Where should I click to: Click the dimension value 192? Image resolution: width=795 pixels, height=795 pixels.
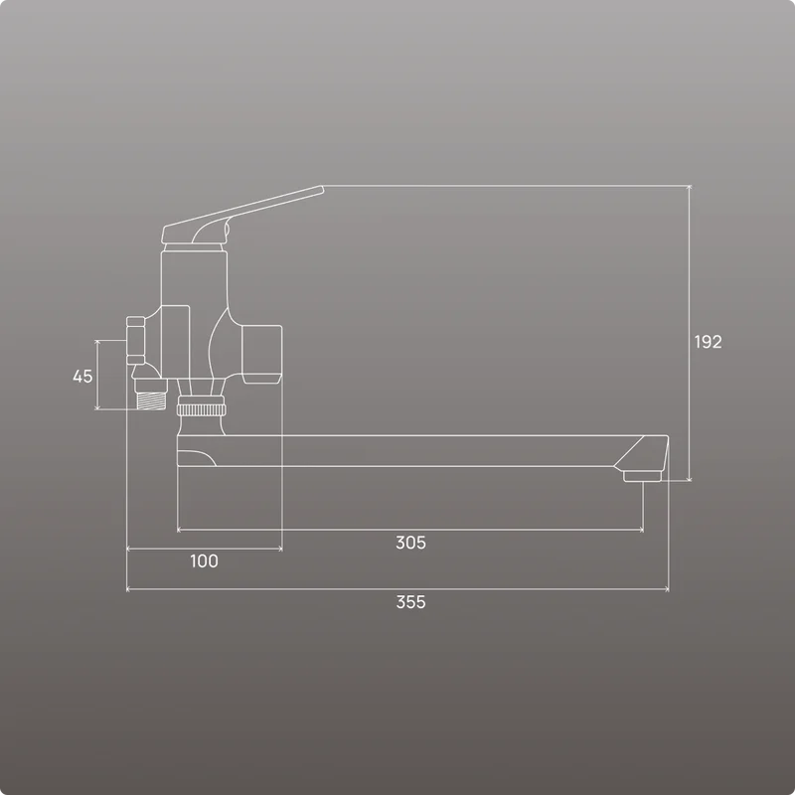[708, 342]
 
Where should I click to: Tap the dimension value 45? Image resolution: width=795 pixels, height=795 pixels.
[82, 377]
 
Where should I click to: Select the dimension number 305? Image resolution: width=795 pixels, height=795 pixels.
[410, 543]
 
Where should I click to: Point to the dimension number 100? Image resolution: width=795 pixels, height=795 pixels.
[204, 560]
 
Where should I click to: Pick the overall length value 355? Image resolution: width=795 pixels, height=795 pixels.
[410, 602]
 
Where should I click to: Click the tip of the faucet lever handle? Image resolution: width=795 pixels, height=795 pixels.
[321, 189]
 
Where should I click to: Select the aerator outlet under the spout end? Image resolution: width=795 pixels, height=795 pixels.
[642, 476]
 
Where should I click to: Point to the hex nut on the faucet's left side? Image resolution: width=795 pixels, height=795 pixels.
[136, 340]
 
